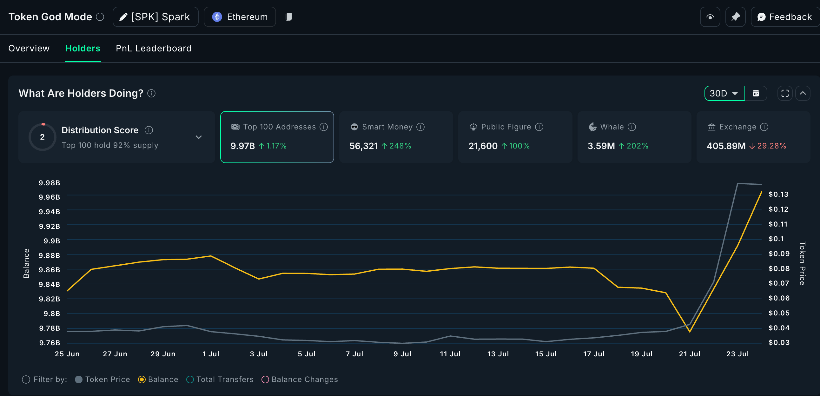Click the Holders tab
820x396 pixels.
click(83, 48)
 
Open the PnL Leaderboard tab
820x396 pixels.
click(153, 48)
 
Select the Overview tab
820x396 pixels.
click(29, 48)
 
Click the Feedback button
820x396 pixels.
click(785, 17)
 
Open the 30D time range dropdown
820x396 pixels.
click(724, 93)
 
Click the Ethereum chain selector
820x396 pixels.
click(240, 17)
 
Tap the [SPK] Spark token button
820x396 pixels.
click(155, 17)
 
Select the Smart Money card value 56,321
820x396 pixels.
click(364, 146)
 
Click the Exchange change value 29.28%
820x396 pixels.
click(771, 146)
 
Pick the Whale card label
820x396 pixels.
click(612, 127)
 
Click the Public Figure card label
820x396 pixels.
click(506, 127)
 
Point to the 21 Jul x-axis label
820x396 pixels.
click(690, 354)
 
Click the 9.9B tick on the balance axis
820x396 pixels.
click(52, 241)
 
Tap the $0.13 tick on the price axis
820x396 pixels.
click(778, 195)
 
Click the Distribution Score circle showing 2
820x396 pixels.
click(42, 137)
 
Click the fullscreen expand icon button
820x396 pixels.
click(785, 93)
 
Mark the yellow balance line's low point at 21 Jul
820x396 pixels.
click(690, 332)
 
